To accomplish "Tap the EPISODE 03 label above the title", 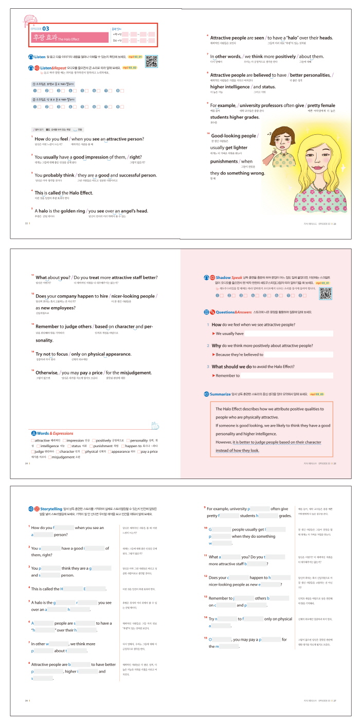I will point(41,28).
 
